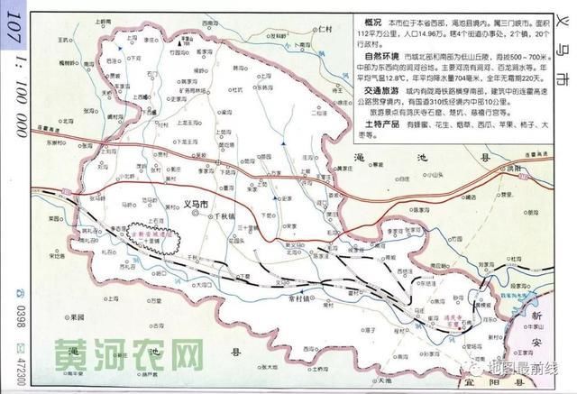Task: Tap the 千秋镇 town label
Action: [222, 217]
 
